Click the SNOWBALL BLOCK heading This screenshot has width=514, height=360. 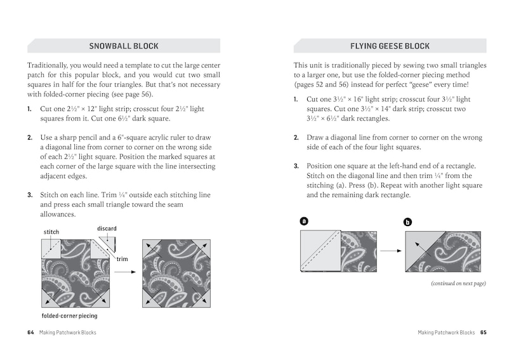pos(123,46)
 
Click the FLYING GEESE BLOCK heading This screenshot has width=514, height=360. pos(390,46)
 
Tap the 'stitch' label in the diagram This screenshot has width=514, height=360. pos(51,232)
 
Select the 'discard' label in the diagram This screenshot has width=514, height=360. pos(107,229)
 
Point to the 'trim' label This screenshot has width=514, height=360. pos(122,259)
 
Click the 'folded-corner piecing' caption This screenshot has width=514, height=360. pos(70,315)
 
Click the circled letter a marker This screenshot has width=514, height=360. pos(304,221)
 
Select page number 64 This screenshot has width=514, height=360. pos(30,332)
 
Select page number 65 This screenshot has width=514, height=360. pos(483,332)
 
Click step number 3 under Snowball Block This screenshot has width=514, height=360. pos(30,195)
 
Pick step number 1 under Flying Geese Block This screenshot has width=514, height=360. pos(296,100)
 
